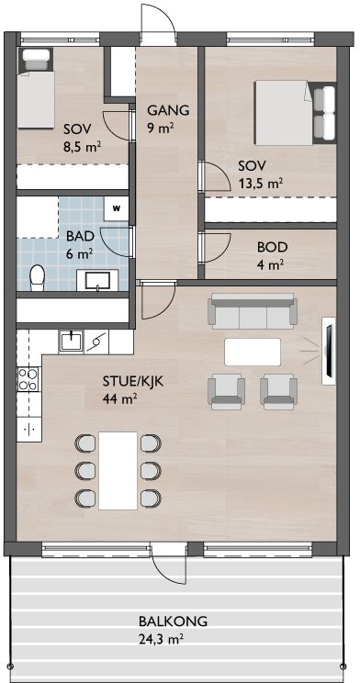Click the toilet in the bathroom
click(x=37, y=277)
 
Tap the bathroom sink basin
click(x=97, y=280)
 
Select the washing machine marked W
click(x=117, y=208)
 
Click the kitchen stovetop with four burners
click(x=27, y=379)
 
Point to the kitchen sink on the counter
click(x=71, y=341)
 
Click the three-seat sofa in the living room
click(x=253, y=311)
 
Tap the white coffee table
click(x=253, y=352)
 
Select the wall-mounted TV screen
click(x=329, y=351)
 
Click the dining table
click(x=118, y=470)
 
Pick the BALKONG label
click(x=173, y=621)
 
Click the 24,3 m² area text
click(x=161, y=640)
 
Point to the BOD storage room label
click(x=273, y=248)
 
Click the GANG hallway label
click(x=168, y=110)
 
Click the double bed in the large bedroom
click(x=295, y=112)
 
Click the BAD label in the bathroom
click(x=80, y=237)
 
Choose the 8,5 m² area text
click(x=82, y=146)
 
